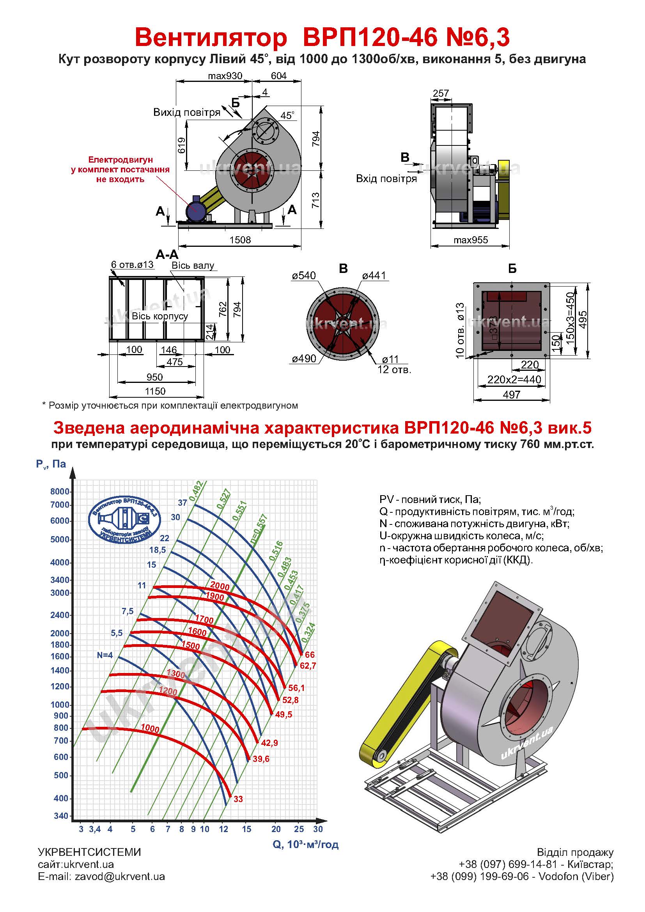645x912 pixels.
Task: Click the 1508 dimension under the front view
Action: [x=240, y=239]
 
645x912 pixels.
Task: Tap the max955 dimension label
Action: [x=470, y=240]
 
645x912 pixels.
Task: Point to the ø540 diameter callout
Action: [x=303, y=275]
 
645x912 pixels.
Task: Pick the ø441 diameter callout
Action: [x=374, y=275]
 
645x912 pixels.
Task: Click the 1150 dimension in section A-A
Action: [x=155, y=391]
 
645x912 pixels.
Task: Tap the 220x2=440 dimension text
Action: [x=514, y=379]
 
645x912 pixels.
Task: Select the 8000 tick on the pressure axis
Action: [x=60, y=491]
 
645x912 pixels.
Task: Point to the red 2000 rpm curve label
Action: [x=220, y=586]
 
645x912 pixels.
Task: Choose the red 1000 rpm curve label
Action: [x=150, y=728]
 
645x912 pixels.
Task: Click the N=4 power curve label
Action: [x=105, y=655]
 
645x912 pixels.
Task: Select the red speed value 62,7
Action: [x=308, y=665]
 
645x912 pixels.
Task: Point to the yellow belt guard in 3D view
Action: [x=401, y=703]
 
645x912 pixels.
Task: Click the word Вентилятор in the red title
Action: [x=211, y=38]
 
